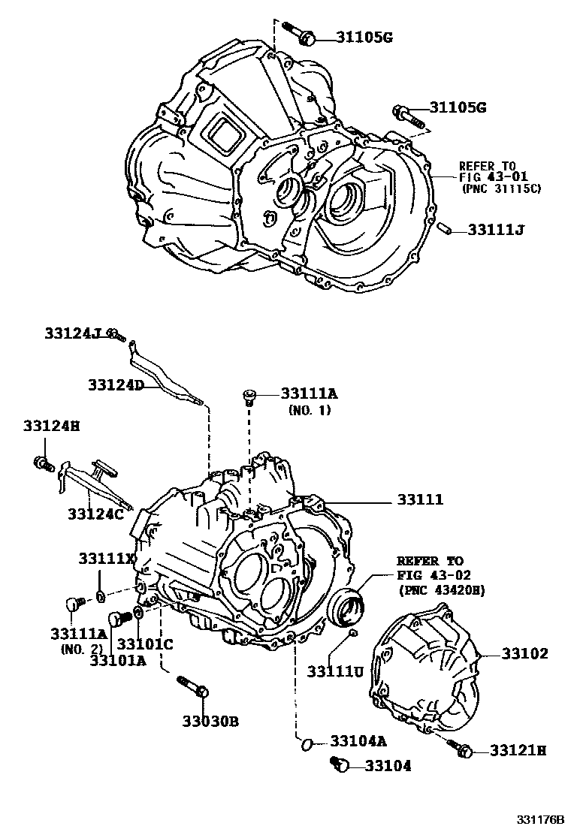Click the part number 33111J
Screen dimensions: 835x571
495,228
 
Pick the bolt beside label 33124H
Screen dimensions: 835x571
41,463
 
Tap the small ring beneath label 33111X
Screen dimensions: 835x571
100,596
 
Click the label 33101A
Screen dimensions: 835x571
118,661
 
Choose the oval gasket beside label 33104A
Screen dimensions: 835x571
306,743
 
